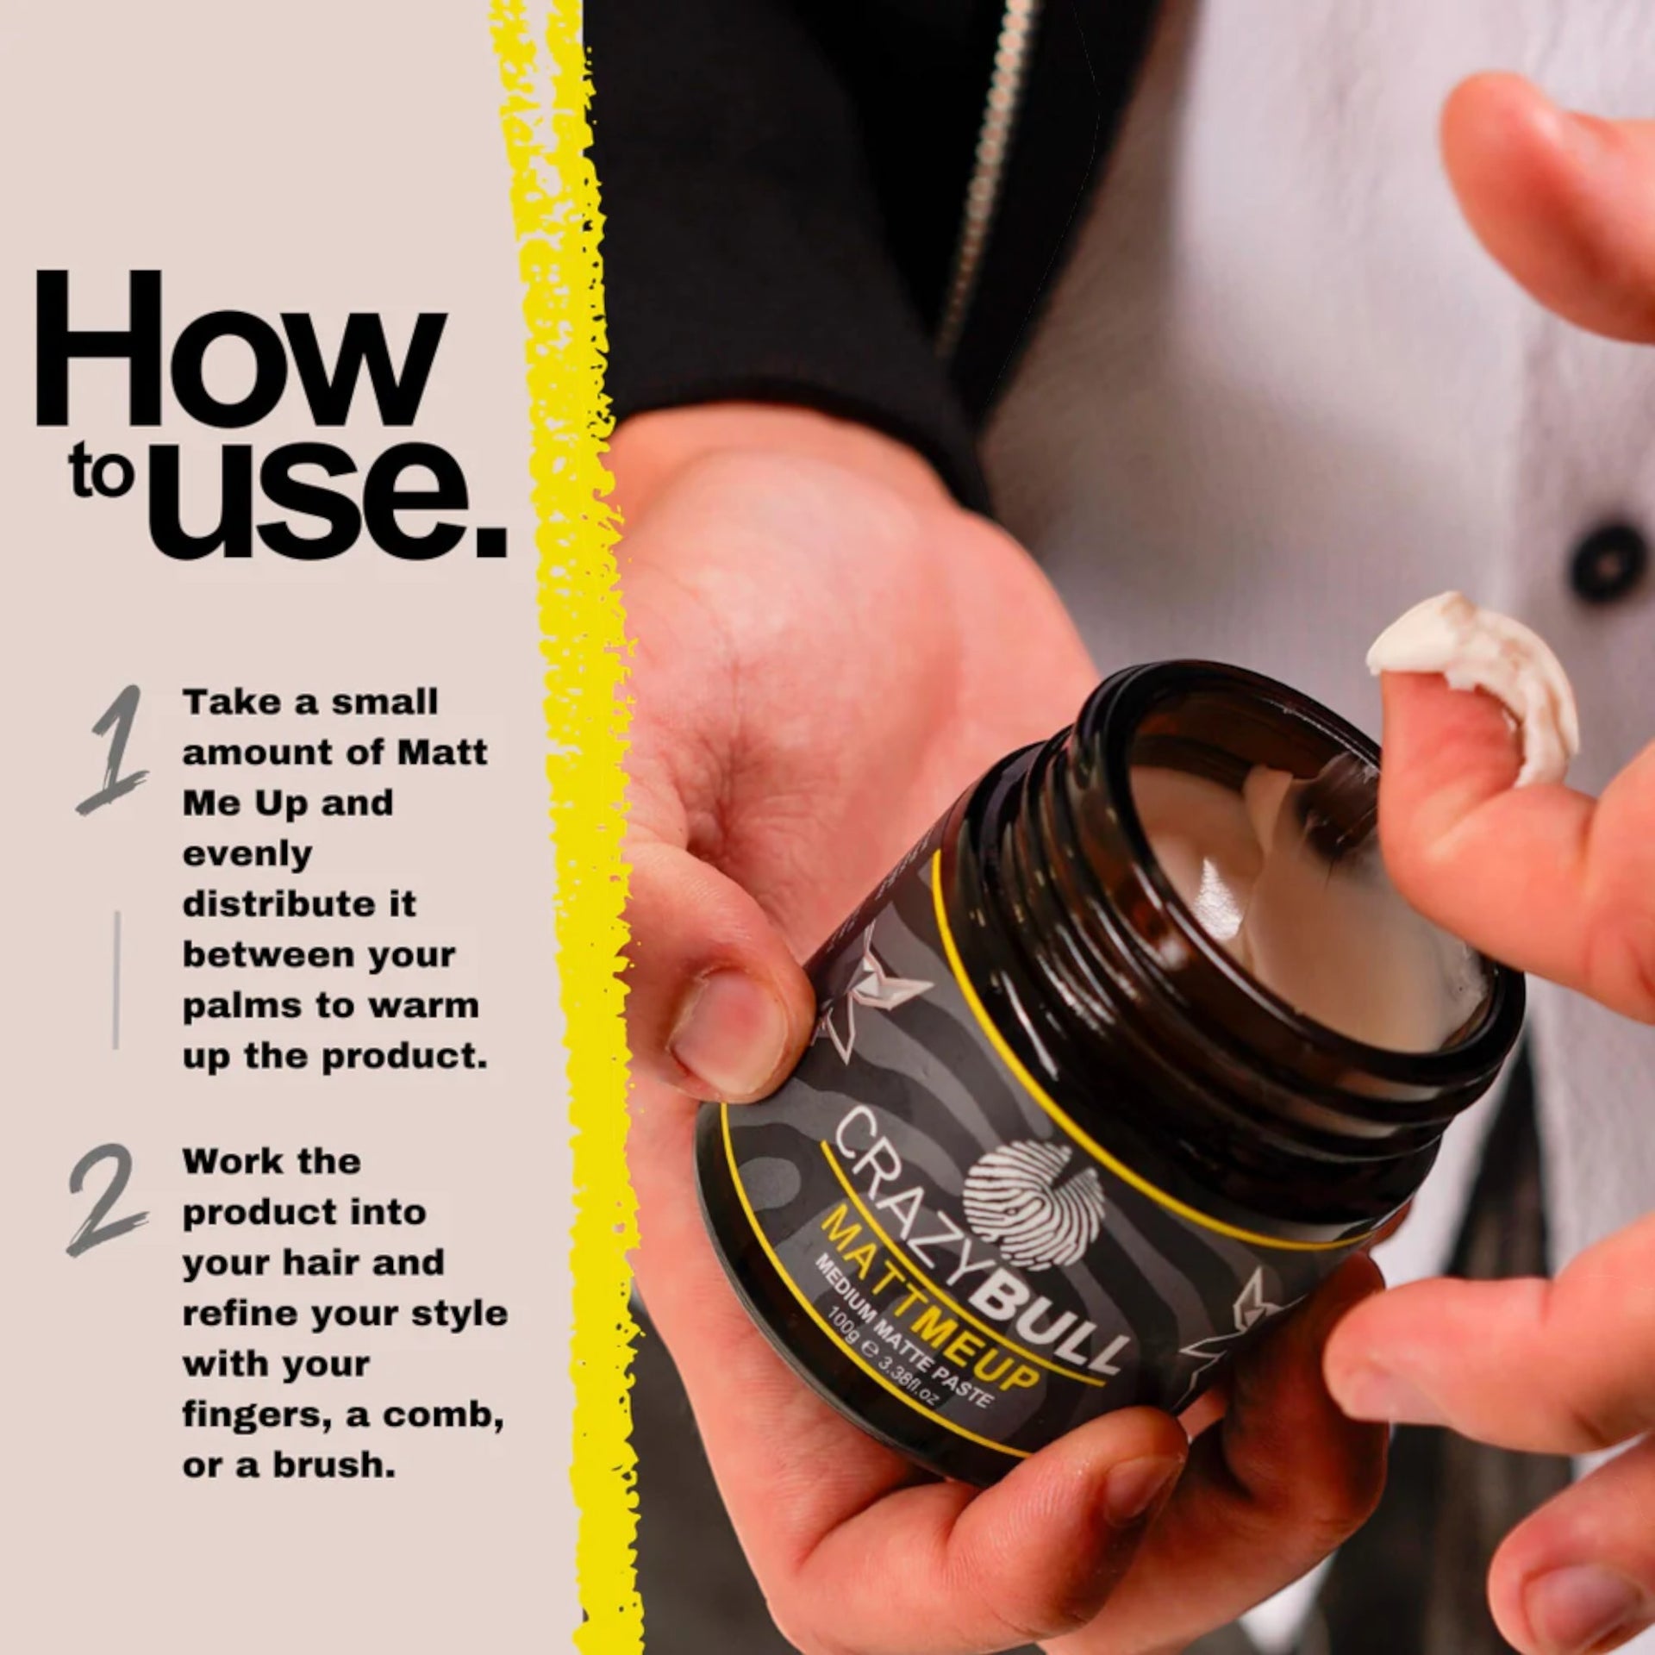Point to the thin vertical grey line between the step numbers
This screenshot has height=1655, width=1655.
point(116,980)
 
